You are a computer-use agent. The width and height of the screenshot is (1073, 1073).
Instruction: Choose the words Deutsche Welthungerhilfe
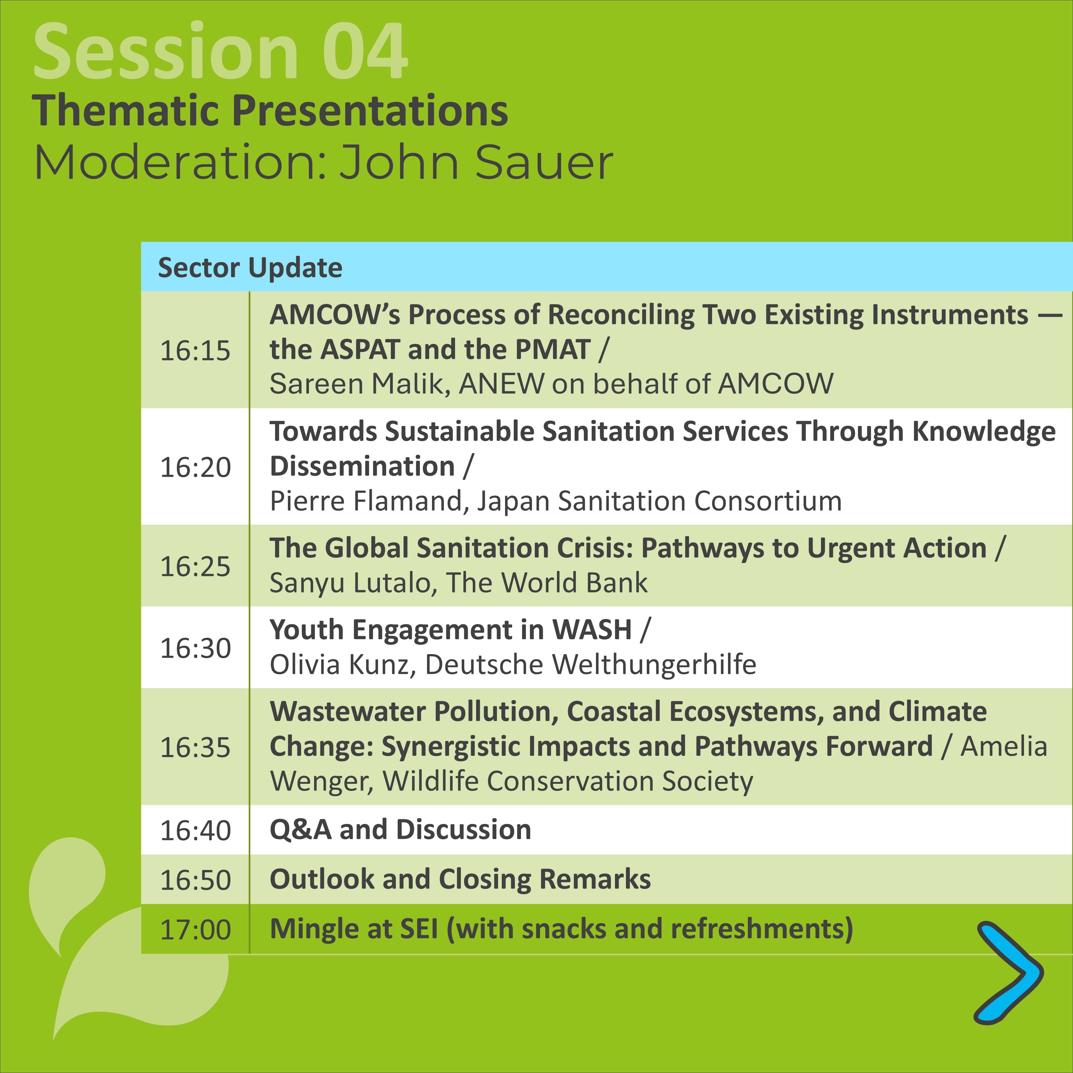[x=590, y=664]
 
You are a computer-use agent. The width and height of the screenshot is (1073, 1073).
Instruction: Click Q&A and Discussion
[x=400, y=830]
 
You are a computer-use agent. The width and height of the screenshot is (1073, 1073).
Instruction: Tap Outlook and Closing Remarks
[x=460, y=879]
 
